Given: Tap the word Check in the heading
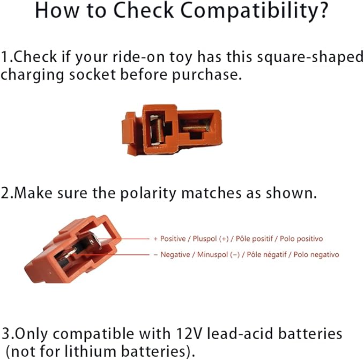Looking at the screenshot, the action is [144, 10].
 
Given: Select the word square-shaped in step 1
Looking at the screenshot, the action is [310, 57].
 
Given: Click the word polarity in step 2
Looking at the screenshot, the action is [148, 194].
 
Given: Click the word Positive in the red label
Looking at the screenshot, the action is [173, 239].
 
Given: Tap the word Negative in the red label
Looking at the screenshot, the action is [175, 254].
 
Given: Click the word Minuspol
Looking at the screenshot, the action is [212, 254].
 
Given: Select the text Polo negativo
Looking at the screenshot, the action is [316, 254].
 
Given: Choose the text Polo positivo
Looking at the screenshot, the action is [301, 239].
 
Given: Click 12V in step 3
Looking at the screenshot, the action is [188, 334].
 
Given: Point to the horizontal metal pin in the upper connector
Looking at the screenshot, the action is [195, 128].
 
